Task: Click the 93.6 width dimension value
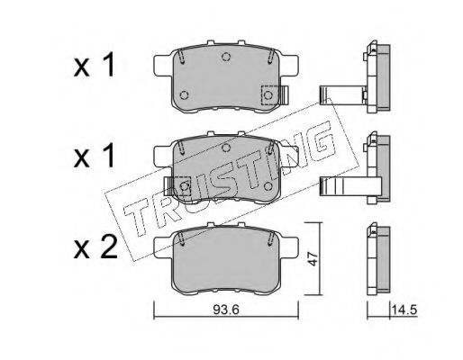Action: [x=226, y=310]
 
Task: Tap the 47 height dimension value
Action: [x=313, y=258]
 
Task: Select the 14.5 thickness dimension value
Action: [x=404, y=310]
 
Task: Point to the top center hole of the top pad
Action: [x=226, y=56]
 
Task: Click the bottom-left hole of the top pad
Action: [x=184, y=95]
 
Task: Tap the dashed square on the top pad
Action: [x=269, y=95]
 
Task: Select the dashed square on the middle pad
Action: [x=182, y=186]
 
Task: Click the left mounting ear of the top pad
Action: [x=163, y=66]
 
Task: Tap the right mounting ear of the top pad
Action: [x=289, y=66]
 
